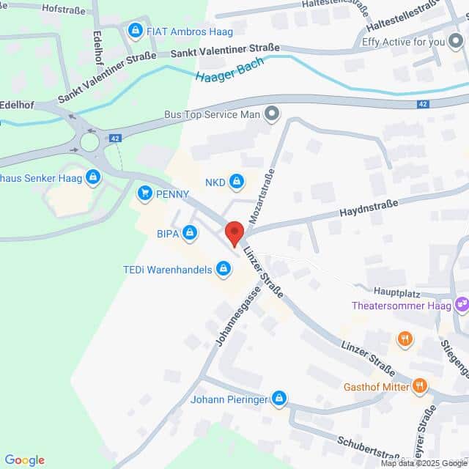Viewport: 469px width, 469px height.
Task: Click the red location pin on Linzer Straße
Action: [x=234, y=232]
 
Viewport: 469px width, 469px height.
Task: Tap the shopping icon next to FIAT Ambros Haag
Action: [x=135, y=31]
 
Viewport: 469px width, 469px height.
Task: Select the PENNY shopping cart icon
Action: [x=144, y=193]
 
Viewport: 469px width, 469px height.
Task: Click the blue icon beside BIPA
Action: [x=190, y=233]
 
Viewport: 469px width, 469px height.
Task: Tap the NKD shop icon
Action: [x=236, y=180]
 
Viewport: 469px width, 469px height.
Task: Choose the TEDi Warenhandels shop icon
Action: [x=224, y=270]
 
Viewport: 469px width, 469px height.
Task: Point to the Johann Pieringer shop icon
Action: [x=278, y=399]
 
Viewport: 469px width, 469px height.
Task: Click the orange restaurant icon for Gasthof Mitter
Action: [x=419, y=385]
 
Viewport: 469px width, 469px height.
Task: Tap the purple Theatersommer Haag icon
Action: [x=462, y=304]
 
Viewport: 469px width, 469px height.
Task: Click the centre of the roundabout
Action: [x=89, y=141]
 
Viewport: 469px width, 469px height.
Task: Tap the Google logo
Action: [x=24, y=460]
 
